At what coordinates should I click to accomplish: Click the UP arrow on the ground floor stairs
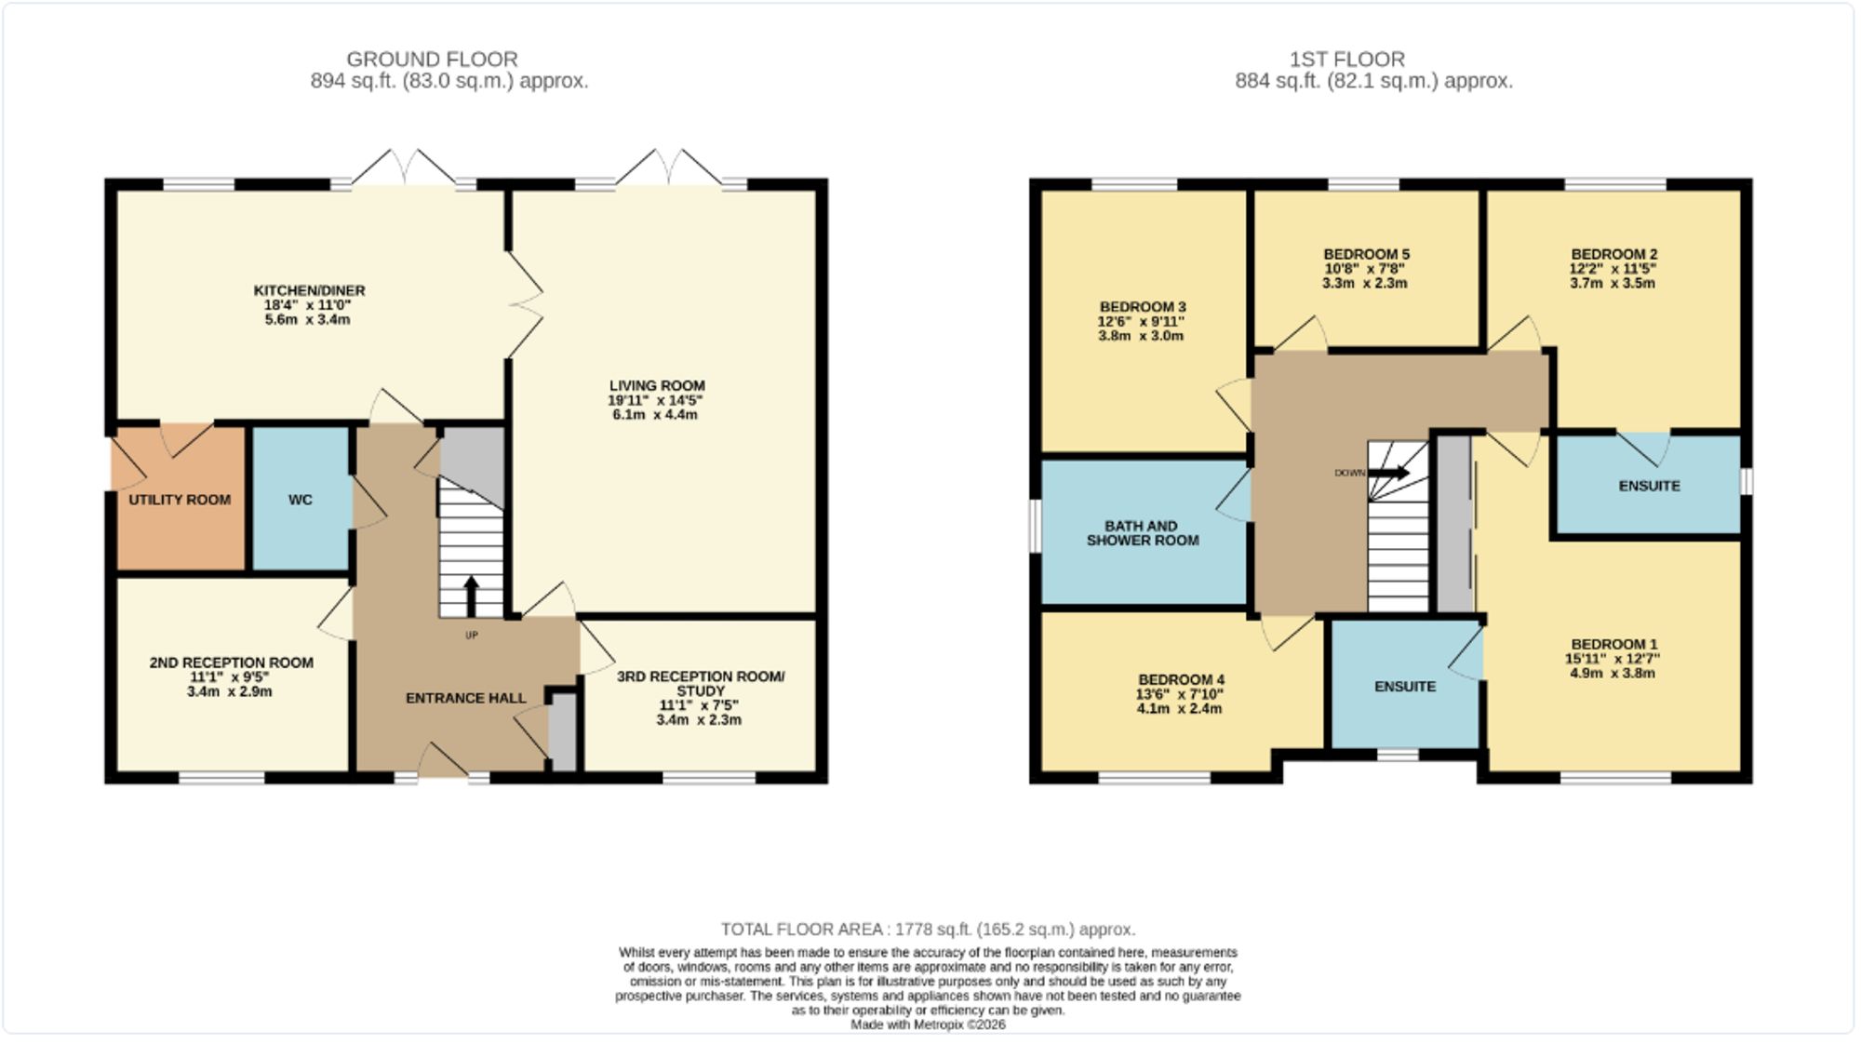tap(471, 595)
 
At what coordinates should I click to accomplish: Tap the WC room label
tap(300, 500)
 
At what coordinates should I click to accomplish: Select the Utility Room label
tap(180, 500)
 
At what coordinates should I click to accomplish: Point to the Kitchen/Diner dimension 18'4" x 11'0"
tap(308, 305)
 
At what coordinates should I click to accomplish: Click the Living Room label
tap(657, 385)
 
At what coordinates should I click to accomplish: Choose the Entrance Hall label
tap(465, 698)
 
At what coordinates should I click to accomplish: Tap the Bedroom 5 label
tap(1366, 254)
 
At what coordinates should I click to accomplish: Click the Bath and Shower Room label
tap(1142, 533)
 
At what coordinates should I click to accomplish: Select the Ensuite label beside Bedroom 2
tap(1649, 486)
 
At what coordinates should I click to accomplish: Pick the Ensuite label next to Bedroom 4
tap(1405, 687)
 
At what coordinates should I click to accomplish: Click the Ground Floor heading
tap(432, 60)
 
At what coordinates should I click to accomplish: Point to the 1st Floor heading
tap(1346, 60)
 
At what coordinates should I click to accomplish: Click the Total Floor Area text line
tap(928, 930)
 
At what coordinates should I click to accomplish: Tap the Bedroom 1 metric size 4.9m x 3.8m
tap(1613, 673)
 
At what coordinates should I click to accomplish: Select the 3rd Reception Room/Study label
tap(701, 683)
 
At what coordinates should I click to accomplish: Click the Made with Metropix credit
tap(928, 1024)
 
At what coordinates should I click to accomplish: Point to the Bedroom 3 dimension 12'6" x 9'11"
tap(1141, 322)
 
